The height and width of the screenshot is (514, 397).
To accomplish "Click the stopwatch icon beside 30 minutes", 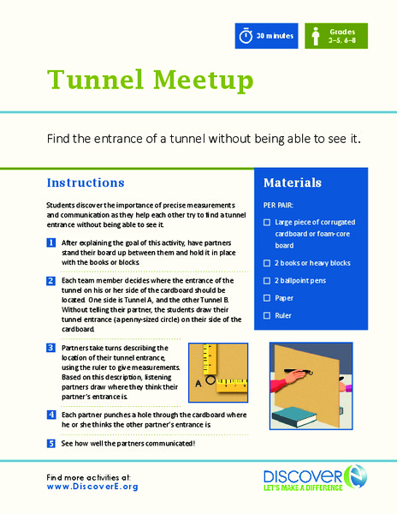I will click(x=246, y=37).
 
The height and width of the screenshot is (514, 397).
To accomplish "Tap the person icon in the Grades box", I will click(x=316, y=37).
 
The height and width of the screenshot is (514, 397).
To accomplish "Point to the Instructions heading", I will click(x=86, y=182).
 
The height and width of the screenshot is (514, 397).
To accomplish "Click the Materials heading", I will click(x=292, y=182).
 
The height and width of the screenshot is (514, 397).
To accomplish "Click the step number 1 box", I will click(x=51, y=243).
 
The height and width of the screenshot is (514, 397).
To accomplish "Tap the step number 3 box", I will click(x=51, y=349).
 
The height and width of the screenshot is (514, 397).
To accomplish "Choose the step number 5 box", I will click(x=51, y=443).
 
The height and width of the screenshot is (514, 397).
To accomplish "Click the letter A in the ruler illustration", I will click(x=198, y=384).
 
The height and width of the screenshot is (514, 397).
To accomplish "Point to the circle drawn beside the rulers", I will click(x=210, y=376).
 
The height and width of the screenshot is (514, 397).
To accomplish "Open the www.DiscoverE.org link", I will click(x=92, y=487).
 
